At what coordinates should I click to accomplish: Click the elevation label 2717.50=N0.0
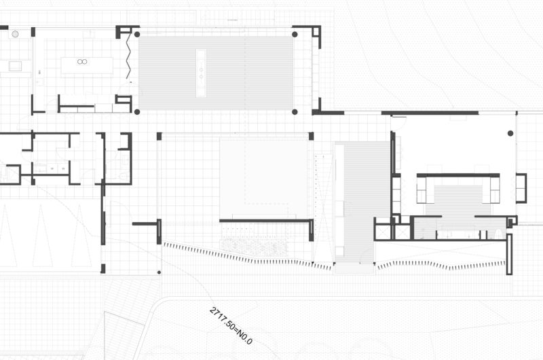[x=231, y=325]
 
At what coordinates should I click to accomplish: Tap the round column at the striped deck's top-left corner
[x=137, y=35]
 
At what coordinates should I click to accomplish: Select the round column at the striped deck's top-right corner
[x=295, y=35]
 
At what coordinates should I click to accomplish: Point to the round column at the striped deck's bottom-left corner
[x=137, y=112]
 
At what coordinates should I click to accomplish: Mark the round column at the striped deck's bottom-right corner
[x=295, y=112]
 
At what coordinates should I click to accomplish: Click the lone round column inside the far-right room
[x=510, y=133]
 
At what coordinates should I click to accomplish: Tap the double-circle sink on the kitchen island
[x=82, y=62]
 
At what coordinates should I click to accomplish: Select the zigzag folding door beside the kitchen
[x=128, y=56]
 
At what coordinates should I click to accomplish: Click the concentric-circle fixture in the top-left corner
[x=15, y=34]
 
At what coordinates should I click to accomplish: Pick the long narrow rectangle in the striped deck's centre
[x=201, y=73]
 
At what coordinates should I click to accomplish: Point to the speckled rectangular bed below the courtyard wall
[x=254, y=247]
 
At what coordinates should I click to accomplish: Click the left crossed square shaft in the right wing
[x=383, y=232]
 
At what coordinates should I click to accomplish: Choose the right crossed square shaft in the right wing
[x=401, y=232]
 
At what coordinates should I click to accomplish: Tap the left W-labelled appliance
[x=52, y=168]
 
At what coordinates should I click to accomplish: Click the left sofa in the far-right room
[x=426, y=190]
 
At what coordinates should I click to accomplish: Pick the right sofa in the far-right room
[x=491, y=190]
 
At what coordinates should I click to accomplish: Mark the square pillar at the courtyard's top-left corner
[x=159, y=136]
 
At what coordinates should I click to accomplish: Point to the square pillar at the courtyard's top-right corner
[x=311, y=136]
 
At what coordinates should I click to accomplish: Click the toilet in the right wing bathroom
[x=498, y=233]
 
